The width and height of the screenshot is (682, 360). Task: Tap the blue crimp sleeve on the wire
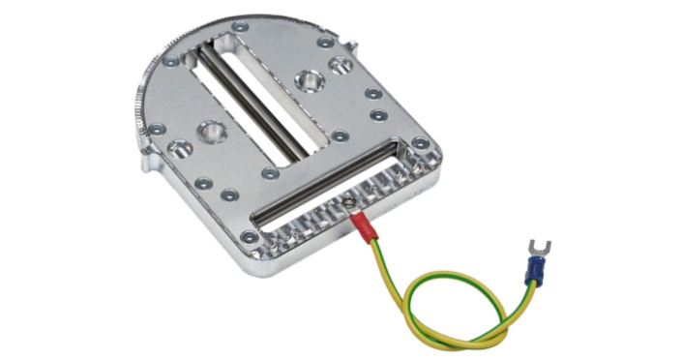point(532,273)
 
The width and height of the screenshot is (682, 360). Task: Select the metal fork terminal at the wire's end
point(534,248)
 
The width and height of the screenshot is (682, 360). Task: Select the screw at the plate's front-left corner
point(251,235)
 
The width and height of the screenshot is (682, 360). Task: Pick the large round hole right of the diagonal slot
point(310,79)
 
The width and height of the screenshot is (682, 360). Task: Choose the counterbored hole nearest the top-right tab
point(341,66)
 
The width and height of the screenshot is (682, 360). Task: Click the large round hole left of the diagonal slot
point(210,130)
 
